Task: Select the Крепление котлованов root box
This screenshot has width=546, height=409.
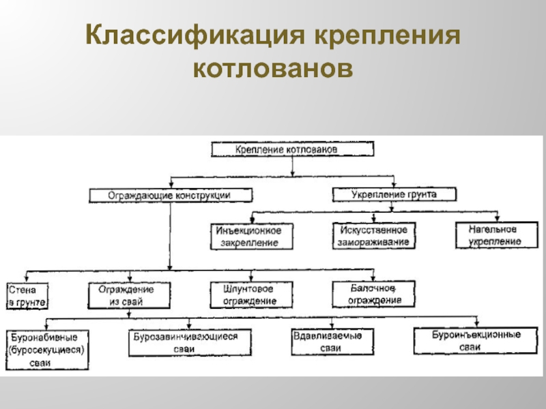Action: click(x=292, y=149)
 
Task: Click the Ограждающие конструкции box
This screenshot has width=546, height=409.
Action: click(x=170, y=195)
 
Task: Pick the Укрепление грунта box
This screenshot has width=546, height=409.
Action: click(x=394, y=194)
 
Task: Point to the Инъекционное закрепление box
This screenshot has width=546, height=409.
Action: click(x=254, y=236)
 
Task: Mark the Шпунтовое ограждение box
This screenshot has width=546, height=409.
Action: click(x=250, y=295)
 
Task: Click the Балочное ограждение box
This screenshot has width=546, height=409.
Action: click(x=374, y=294)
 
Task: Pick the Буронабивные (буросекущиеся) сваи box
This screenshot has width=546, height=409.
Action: click(x=47, y=350)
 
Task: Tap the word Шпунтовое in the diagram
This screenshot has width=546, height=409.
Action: click(x=244, y=289)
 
